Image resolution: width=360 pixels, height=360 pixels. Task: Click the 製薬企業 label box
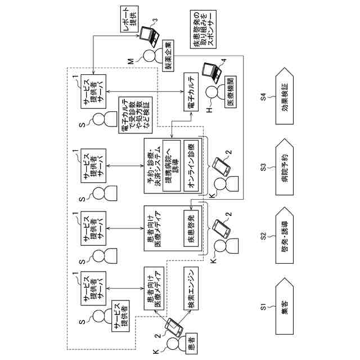click(x=168, y=56)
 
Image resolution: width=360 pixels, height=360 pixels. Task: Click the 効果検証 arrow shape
click(x=286, y=97)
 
